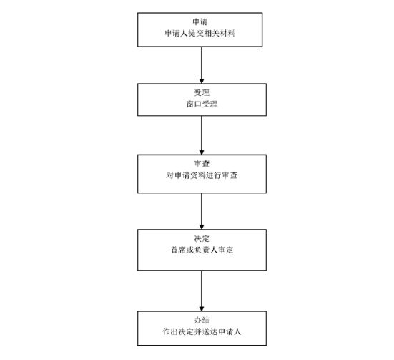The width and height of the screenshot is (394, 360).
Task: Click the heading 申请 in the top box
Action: point(200,22)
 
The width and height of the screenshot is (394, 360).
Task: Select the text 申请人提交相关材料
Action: point(200,33)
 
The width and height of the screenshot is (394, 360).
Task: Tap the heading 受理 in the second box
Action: point(202,92)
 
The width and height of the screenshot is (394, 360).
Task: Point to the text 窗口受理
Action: point(202,104)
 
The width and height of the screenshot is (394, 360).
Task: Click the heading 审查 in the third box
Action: point(202,164)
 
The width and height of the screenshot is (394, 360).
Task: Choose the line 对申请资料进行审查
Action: point(202,175)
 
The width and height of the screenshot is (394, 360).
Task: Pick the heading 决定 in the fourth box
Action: point(202,238)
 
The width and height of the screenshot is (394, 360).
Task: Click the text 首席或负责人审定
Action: point(202,250)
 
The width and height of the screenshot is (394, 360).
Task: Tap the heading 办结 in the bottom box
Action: point(202,320)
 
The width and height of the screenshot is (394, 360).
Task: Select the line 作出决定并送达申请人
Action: point(202,331)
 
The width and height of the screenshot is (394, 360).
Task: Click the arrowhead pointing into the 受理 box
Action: point(202,82)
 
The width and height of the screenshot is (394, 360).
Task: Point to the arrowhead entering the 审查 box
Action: point(202,152)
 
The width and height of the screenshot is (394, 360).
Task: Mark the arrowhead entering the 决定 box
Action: point(202,227)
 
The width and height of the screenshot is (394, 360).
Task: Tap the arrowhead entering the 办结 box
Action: point(202,308)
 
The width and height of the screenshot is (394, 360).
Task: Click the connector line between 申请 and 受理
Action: point(202,65)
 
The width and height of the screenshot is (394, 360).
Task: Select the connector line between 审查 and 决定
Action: point(202,211)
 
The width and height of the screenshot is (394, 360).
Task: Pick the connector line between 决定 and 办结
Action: point(202,291)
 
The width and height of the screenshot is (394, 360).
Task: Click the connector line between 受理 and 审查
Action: point(202,135)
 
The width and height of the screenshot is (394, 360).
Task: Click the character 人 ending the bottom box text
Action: point(237,331)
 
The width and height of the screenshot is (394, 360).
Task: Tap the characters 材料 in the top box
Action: point(227,33)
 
